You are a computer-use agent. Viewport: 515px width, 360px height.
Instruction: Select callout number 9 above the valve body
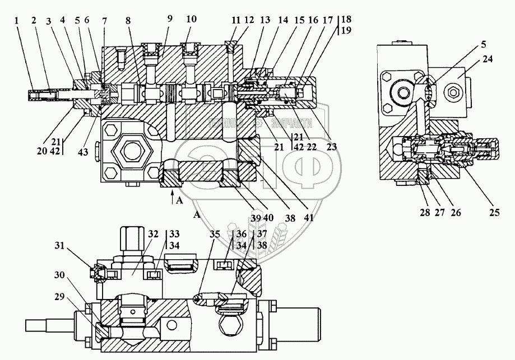(x=170, y=19)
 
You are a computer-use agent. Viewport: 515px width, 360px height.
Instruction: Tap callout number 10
(x=192, y=19)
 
